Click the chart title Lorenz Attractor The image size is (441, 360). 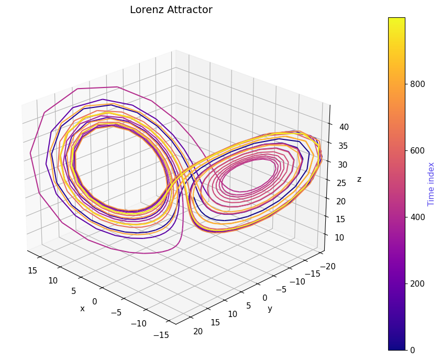pyautogui.click(x=171, y=10)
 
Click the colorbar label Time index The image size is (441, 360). pyautogui.click(x=431, y=183)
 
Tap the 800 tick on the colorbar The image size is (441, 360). pyautogui.click(x=417, y=84)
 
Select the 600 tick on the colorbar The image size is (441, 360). pyautogui.click(x=417, y=150)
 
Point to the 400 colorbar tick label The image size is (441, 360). pyautogui.click(x=417, y=217)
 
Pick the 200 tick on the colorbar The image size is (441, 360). pyautogui.click(x=417, y=283)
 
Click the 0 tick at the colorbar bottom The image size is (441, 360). pyautogui.click(x=412, y=350)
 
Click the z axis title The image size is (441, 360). pyautogui.click(x=359, y=179)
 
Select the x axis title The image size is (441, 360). pyautogui.click(x=82, y=309)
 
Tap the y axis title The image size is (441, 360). pyautogui.click(x=270, y=309)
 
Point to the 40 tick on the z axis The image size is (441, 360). pyautogui.click(x=344, y=127)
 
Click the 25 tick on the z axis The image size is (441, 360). pyautogui.click(x=344, y=182)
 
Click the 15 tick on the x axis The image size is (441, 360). pyautogui.click(x=32, y=270)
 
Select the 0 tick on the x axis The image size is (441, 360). pyautogui.click(x=94, y=301)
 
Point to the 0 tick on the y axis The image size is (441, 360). pyautogui.click(x=264, y=298)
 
